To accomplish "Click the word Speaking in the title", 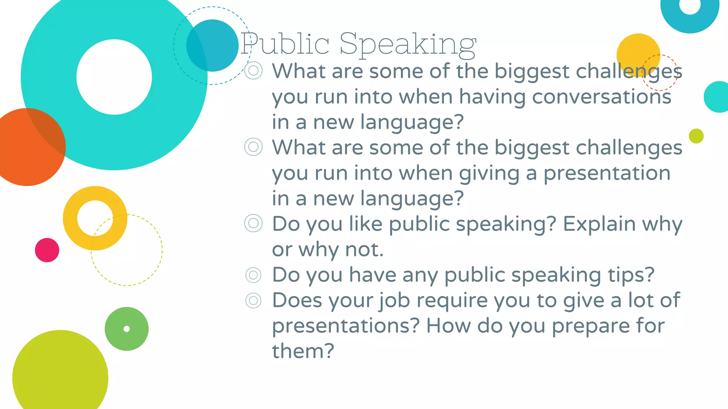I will (408, 44).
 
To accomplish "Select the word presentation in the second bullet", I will (607, 173).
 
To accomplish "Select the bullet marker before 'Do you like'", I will (253, 223).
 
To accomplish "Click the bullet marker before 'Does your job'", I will (253, 301).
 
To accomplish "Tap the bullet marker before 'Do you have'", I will (253, 275).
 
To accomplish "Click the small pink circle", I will (47, 250).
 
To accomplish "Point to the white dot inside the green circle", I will (127, 329).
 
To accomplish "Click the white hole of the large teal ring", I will (114, 77).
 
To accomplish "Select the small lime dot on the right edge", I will (696, 136).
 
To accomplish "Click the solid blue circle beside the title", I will (217, 45).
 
